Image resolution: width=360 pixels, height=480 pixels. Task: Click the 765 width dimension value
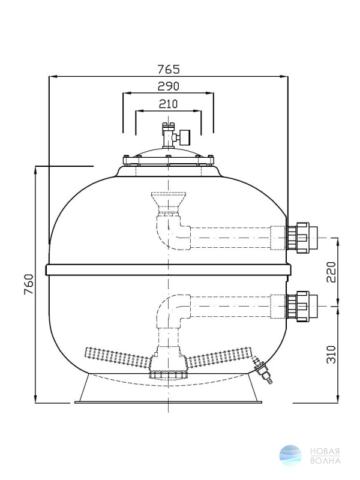click(x=169, y=70)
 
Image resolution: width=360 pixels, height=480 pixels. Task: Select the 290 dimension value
click(x=169, y=86)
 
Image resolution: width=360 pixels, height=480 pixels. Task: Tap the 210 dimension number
click(x=168, y=104)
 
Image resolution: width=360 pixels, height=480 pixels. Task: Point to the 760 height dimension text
click(x=29, y=284)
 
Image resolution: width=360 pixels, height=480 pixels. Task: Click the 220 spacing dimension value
click(x=331, y=272)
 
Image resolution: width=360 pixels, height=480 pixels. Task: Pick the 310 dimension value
click(x=331, y=355)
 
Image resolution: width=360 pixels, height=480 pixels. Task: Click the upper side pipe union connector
click(x=302, y=238)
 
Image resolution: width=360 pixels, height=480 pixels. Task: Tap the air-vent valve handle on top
click(x=185, y=137)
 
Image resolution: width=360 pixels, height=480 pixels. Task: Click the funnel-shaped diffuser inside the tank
click(x=169, y=203)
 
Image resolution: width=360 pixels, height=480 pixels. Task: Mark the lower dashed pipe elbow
click(x=173, y=311)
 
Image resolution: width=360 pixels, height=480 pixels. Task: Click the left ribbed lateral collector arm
click(x=118, y=356)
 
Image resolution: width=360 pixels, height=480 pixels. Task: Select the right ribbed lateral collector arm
click(x=219, y=356)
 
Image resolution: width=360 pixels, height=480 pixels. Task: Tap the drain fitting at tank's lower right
click(x=262, y=370)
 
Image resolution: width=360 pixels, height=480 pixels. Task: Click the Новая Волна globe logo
click(x=290, y=455)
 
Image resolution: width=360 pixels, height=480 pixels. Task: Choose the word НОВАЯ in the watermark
click(x=325, y=452)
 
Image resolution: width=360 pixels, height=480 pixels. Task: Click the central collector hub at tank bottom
click(x=169, y=364)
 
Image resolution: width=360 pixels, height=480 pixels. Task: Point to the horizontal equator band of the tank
click(x=169, y=269)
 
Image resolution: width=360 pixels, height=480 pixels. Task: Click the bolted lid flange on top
click(x=169, y=160)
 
